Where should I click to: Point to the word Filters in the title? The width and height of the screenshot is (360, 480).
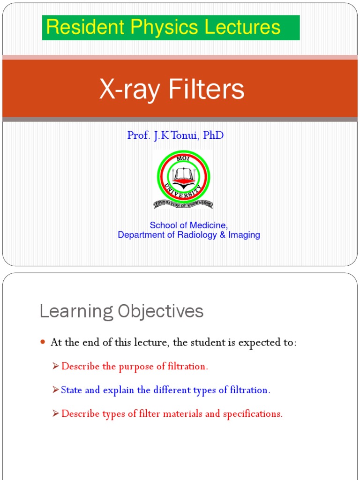coord(204,89)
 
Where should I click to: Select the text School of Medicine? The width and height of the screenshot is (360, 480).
coord(188,225)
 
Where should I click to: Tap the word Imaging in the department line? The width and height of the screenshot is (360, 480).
coord(244,235)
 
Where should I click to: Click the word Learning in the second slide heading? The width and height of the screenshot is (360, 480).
coord(76,312)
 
